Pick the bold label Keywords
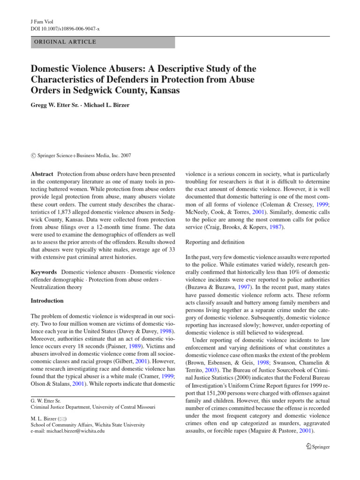click(44, 272)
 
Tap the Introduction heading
click(47, 300)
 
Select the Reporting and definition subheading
click(215, 242)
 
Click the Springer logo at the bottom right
click(317, 447)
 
